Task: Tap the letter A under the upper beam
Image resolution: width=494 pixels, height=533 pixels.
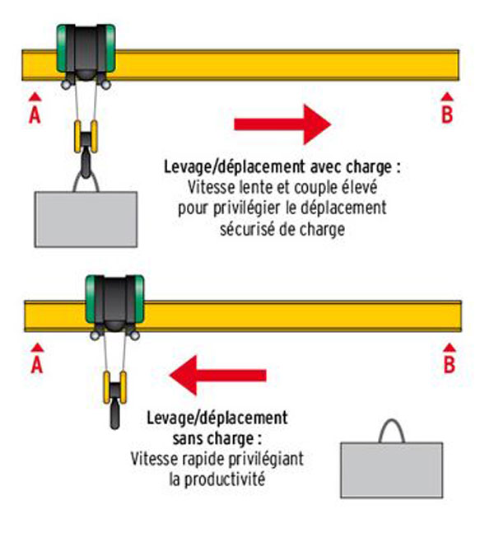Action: tap(34, 115)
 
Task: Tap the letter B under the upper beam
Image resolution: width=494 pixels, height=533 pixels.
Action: tap(447, 115)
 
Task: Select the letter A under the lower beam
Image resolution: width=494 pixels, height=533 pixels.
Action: tap(36, 365)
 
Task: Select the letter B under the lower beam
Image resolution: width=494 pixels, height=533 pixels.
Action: tap(449, 365)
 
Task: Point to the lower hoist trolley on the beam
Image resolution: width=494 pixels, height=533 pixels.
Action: tap(114, 302)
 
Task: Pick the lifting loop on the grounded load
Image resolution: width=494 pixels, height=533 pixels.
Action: tap(392, 432)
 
